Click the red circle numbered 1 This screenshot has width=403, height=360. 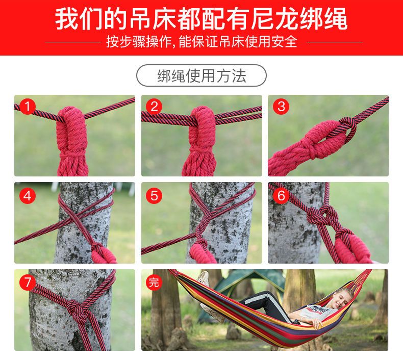pos(27,107)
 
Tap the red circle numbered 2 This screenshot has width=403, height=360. pos(154,107)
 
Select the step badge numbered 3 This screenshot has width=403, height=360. pos(281,107)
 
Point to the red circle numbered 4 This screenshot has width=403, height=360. pos(27,195)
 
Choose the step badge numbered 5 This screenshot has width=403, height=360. pos(154,195)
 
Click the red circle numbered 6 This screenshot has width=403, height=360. pos(281,195)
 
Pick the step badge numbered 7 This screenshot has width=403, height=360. pos(27,282)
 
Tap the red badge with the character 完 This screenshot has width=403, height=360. pos(154,282)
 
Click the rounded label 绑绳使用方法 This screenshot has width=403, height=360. pos(201,75)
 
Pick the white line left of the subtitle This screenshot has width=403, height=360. pos(73,42)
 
